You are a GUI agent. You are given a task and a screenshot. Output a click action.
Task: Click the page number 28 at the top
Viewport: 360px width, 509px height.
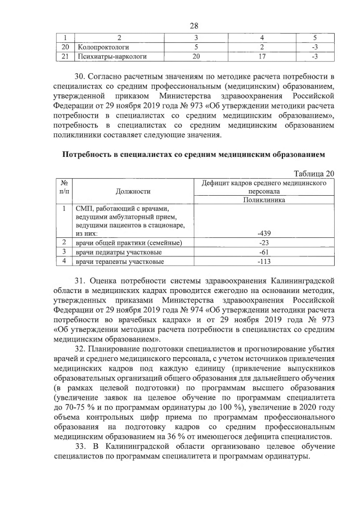pyautogui.click(x=195, y=26)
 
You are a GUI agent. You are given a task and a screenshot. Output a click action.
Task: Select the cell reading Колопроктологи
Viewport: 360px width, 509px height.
pyautogui.click(x=102, y=47)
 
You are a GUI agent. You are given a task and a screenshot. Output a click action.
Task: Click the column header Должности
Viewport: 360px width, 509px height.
pyautogui.click(x=134, y=191)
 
